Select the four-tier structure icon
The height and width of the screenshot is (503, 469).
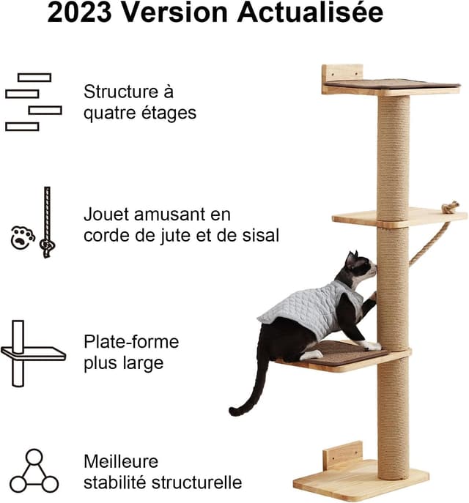coord(33,102)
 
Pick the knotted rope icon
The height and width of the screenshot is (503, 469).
coord(47,223)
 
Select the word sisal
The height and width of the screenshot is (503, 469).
coord(258,236)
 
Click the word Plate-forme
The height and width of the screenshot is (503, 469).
coord(131,342)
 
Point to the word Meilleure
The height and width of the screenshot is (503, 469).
coord(122,463)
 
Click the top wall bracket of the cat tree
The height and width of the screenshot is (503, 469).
coord(342,74)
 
